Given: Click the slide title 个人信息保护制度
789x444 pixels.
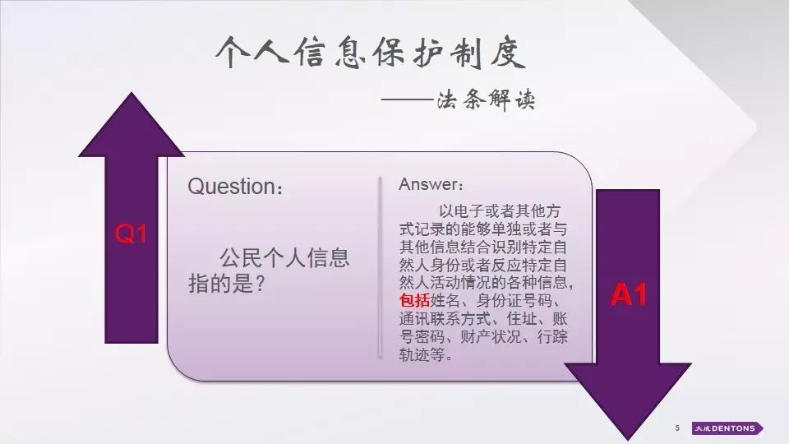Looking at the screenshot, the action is click(x=371, y=52).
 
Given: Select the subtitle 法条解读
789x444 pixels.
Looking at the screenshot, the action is click(x=486, y=99).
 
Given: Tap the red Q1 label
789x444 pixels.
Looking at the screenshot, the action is click(x=131, y=234).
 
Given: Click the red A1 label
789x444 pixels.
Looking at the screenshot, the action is click(x=628, y=294).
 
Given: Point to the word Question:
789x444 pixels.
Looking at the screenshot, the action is click(x=235, y=187).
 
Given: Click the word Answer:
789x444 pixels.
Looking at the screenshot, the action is click(x=431, y=184).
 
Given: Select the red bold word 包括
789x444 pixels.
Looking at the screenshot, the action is click(x=414, y=301).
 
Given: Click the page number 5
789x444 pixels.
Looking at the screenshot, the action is click(x=677, y=428).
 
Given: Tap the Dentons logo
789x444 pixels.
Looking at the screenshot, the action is click(x=727, y=428).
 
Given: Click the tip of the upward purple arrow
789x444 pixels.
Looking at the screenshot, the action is click(x=131, y=93).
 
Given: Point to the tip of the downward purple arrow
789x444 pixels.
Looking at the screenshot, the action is click(x=628, y=441).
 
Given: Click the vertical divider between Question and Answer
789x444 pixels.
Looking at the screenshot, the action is click(x=380, y=267).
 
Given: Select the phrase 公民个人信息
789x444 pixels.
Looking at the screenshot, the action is click(x=284, y=257).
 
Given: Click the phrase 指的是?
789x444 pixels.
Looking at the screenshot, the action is click(x=227, y=284).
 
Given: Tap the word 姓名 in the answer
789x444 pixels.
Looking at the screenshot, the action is click(x=445, y=301).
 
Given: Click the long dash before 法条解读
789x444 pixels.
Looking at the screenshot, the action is click(x=407, y=99).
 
